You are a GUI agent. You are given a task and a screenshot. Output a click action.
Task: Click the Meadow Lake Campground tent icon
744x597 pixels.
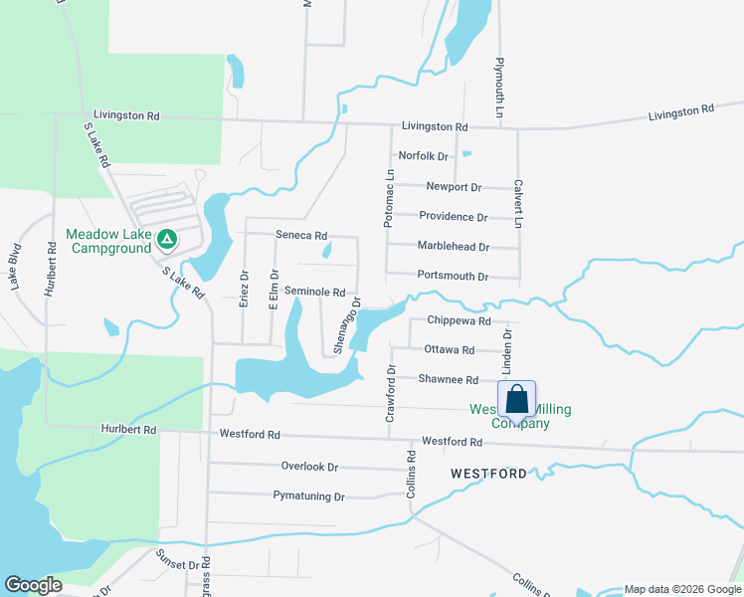click(168, 239)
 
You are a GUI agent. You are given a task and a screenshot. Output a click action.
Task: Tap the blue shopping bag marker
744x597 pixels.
click(517, 401)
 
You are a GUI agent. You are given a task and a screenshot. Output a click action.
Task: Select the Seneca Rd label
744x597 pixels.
click(301, 236)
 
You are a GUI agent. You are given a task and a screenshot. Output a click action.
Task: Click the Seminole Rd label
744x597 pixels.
click(314, 293)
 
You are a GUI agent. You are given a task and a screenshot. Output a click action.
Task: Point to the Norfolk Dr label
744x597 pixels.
click(424, 156)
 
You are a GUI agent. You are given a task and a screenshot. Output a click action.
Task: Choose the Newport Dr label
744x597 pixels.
click(454, 187)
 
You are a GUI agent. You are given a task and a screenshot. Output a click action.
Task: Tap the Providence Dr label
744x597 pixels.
click(454, 217)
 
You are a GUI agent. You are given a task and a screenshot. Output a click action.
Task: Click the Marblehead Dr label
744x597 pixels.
click(454, 247)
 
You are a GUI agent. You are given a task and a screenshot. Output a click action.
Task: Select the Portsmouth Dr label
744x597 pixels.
click(454, 277)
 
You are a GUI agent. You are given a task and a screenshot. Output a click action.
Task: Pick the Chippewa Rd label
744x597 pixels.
click(459, 321)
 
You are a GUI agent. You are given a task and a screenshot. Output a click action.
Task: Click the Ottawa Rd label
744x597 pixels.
click(449, 350)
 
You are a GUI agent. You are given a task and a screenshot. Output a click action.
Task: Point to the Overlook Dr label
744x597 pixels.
click(309, 467)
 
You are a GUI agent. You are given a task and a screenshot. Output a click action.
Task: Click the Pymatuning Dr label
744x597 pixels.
click(308, 497)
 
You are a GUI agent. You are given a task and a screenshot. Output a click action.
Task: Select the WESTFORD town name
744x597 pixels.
click(488, 474)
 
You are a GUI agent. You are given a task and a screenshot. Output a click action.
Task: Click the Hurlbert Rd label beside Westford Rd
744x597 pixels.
click(129, 430)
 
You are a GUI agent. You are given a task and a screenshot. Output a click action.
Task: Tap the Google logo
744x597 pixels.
click(33, 585)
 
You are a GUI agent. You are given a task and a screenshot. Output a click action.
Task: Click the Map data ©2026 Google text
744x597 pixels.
click(681, 589)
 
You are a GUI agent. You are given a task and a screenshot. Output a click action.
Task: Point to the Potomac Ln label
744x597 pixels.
click(390, 198)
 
